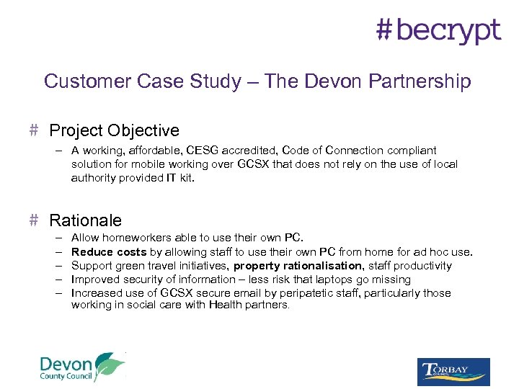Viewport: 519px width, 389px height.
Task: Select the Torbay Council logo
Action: pyautogui.click(x=453, y=372)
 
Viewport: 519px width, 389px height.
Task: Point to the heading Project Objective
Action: pyautogui.click(x=114, y=130)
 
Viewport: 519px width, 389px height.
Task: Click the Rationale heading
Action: pyautogui.click(x=85, y=220)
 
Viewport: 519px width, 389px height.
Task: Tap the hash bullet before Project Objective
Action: pyautogui.click(x=33, y=130)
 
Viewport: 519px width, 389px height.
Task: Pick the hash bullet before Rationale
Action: pyautogui.click(x=33, y=220)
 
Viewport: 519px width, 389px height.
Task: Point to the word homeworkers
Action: pyautogui.click(x=131, y=238)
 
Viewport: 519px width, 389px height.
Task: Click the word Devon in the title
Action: pyautogui.click(x=319, y=81)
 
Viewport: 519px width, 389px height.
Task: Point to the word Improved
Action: pyautogui.click(x=94, y=280)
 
